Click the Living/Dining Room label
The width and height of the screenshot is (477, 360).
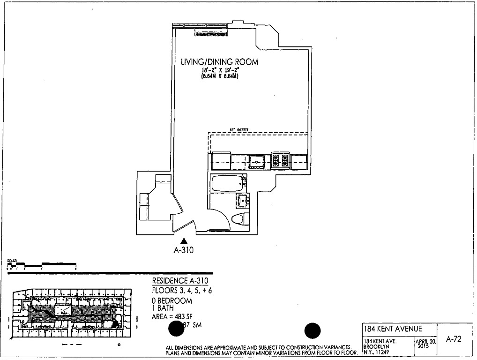coord(219,62)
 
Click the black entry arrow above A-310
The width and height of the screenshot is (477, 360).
coord(184,241)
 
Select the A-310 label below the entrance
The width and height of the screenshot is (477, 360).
coord(184,250)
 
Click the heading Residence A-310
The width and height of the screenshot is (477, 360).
coord(180,281)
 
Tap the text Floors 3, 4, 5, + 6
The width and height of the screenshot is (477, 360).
coord(182,290)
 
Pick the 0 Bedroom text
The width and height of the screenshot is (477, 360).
coord(172,300)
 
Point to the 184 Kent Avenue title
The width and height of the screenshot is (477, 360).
coord(393,329)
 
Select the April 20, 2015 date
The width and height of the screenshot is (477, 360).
coord(425,344)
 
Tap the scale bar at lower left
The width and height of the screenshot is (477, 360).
coord(42,265)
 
